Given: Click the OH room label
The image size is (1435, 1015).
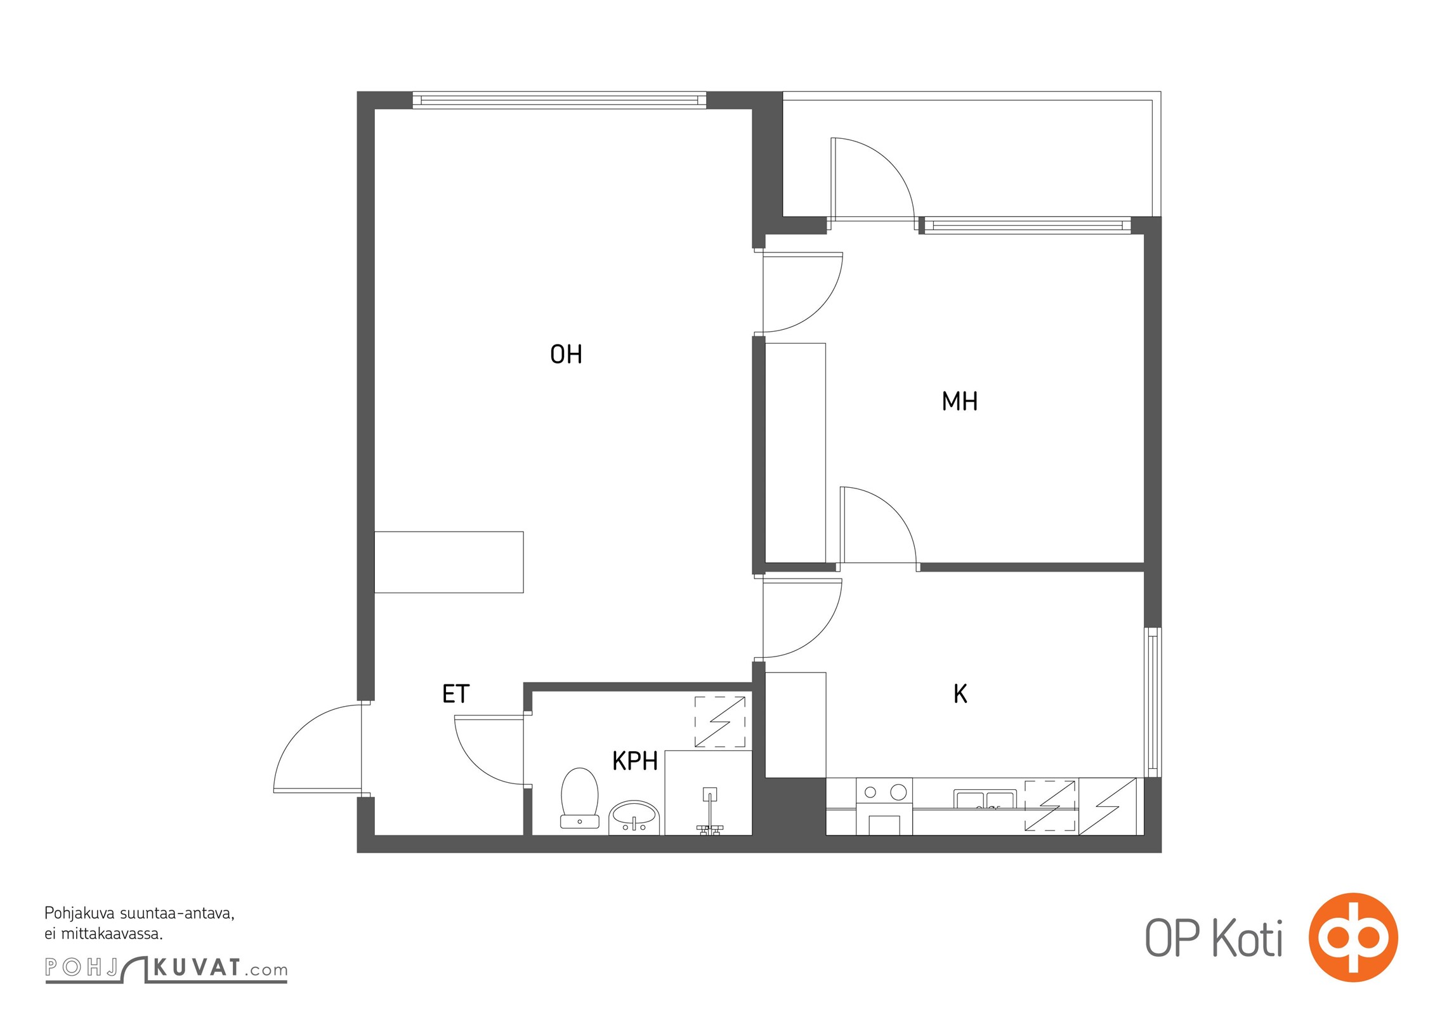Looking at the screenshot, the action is click(566, 355).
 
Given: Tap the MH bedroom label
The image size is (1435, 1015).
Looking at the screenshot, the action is click(959, 402).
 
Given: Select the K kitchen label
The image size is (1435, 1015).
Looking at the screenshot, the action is click(960, 695).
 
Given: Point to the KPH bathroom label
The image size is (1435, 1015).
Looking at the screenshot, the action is click(634, 761).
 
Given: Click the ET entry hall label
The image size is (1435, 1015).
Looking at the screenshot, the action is click(455, 695).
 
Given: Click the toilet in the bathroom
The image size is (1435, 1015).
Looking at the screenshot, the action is click(580, 798).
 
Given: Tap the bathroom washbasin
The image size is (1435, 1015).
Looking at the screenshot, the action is click(634, 817).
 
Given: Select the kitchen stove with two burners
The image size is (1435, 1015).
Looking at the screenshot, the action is click(884, 806).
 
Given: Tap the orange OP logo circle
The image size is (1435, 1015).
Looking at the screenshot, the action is click(1353, 937).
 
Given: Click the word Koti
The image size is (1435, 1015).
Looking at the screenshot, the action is click(1247, 938).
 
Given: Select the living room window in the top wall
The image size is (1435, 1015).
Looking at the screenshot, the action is click(559, 100).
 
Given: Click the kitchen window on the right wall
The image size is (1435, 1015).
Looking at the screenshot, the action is click(1153, 702).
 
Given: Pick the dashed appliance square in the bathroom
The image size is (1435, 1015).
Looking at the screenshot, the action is click(720, 722).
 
